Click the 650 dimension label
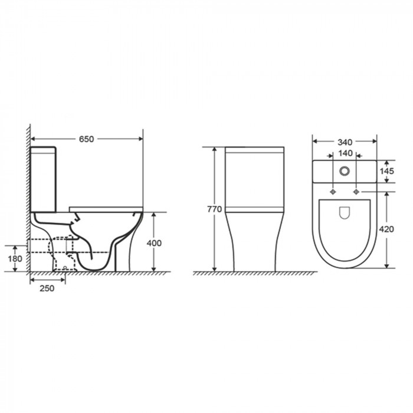pyautogui.click(x=86, y=139)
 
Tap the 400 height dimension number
pyautogui.click(x=154, y=243)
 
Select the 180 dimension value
pyautogui.click(x=15, y=258)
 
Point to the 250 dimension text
pyautogui.click(x=47, y=288)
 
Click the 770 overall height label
pyautogui.click(x=214, y=209)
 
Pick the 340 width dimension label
pyautogui.click(x=345, y=142)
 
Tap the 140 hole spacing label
pyautogui.click(x=345, y=153)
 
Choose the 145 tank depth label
pyautogui.click(x=386, y=171)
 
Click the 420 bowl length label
pyautogui.click(x=386, y=229)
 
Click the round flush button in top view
pyautogui.click(x=345, y=171)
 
